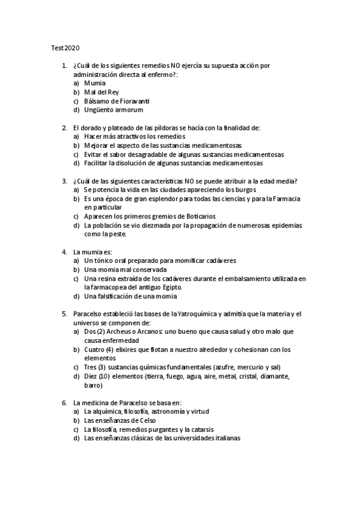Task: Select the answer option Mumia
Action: (95, 83)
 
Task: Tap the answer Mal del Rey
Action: (102, 92)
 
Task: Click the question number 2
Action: (64, 127)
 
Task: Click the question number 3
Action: (64, 180)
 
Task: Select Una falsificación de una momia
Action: (130, 296)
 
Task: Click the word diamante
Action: (272, 376)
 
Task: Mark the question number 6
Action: (64, 402)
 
